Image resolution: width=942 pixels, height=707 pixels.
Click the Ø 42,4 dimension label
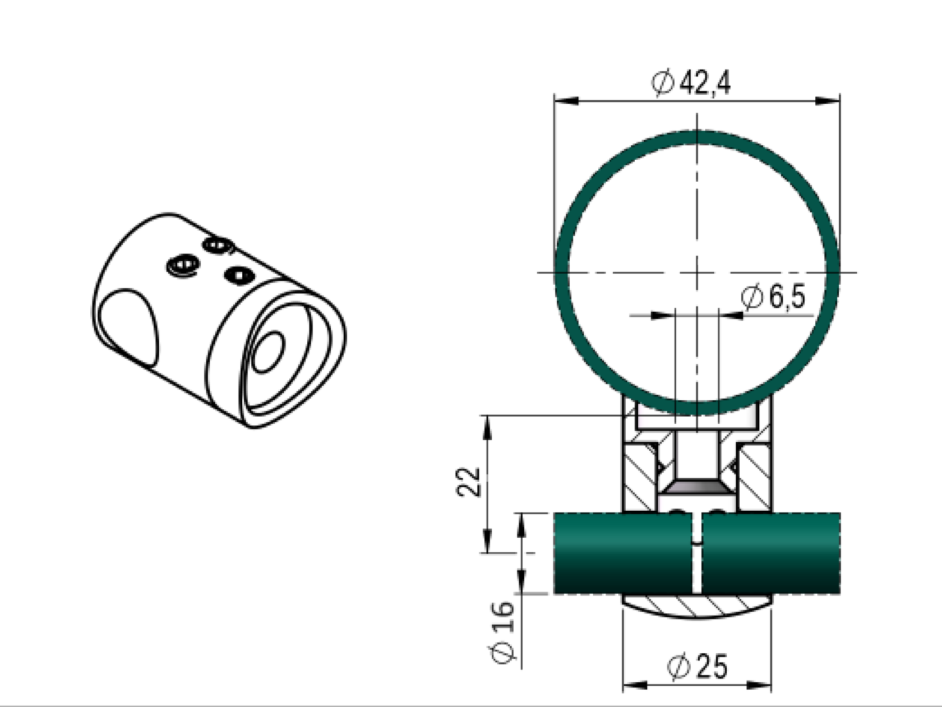pyautogui.click(x=691, y=84)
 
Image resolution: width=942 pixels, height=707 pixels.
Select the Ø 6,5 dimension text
pyautogui.click(x=773, y=297)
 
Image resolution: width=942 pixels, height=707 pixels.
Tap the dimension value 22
pyautogui.click(x=469, y=481)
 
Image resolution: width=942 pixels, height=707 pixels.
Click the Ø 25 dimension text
pyautogui.click(x=698, y=667)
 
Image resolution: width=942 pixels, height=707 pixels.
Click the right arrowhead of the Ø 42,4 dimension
pyautogui.click(x=828, y=101)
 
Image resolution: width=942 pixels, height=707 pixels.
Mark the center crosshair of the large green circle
pyautogui.click(x=697, y=272)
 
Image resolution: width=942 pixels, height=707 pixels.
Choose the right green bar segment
pyautogui.click(x=771, y=553)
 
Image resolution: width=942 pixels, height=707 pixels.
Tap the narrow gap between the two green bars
pyautogui.click(x=696, y=566)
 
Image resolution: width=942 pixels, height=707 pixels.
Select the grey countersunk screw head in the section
pyautogui.click(x=697, y=487)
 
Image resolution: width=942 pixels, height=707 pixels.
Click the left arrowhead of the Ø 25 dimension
pyautogui.click(x=634, y=685)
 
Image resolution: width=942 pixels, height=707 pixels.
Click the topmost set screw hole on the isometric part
pyautogui.click(x=218, y=245)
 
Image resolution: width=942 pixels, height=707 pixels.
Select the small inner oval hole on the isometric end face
pyautogui.click(x=269, y=352)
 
